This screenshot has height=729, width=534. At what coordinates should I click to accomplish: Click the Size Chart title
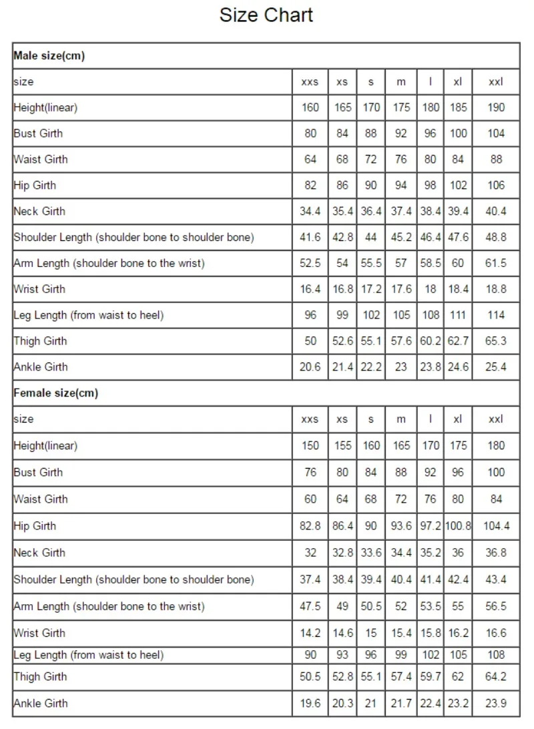point(266,15)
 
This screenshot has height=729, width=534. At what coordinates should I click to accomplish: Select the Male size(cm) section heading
point(49,56)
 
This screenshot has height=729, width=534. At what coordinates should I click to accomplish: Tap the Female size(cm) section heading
point(55,393)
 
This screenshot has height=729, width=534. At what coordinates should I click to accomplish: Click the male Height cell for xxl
point(496,107)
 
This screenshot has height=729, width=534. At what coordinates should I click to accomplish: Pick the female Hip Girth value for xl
point(458,526)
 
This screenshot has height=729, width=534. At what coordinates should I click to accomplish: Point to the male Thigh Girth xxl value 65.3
point(496,341)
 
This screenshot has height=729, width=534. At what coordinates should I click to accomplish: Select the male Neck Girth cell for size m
point(401,212)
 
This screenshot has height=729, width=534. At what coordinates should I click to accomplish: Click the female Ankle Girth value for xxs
point(310,703)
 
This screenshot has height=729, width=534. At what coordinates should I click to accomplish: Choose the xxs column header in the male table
point(310,82)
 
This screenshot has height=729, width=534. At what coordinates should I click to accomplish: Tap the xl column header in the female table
point(458,419)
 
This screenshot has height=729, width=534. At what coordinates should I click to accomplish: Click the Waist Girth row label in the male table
point(41,160)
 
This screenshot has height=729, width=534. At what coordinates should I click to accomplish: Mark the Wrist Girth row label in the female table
point(41,633)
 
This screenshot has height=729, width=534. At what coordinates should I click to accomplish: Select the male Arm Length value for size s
point(371,263)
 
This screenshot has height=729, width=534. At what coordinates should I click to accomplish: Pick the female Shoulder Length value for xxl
point(496,579)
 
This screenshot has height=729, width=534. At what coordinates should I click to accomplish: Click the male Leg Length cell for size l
point(431,315)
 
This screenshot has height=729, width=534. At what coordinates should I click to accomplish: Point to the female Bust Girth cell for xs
point(342,472)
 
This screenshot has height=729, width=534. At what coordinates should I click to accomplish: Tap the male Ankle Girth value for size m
point(401,367)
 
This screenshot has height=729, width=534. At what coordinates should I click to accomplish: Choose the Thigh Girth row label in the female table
point(41,676)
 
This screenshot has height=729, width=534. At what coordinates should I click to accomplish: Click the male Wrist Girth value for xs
point(342,289)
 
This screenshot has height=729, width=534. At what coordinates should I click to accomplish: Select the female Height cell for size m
point(401,445)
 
